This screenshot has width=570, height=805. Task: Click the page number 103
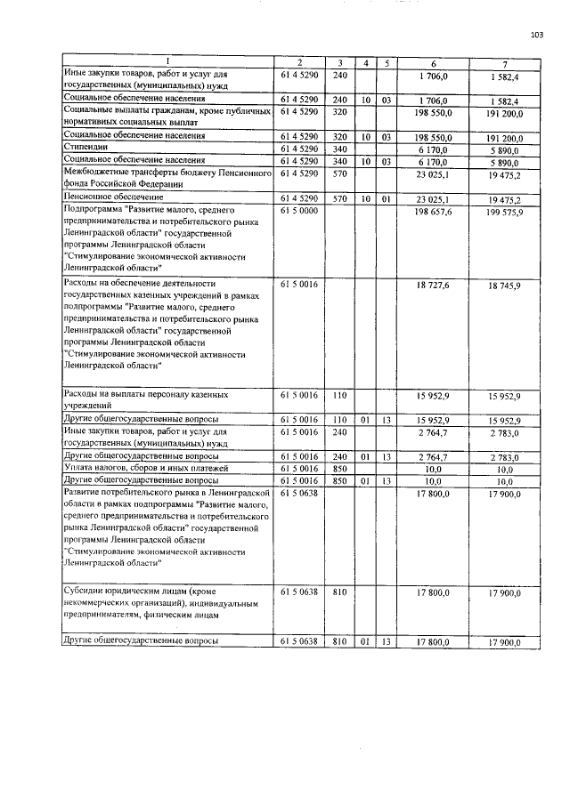(x=536, y=35)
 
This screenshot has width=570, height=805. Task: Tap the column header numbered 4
(x=366, y=62)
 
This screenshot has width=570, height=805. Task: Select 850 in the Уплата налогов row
(x=338, y=467)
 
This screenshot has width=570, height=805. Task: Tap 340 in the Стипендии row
(x=338, y=148)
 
